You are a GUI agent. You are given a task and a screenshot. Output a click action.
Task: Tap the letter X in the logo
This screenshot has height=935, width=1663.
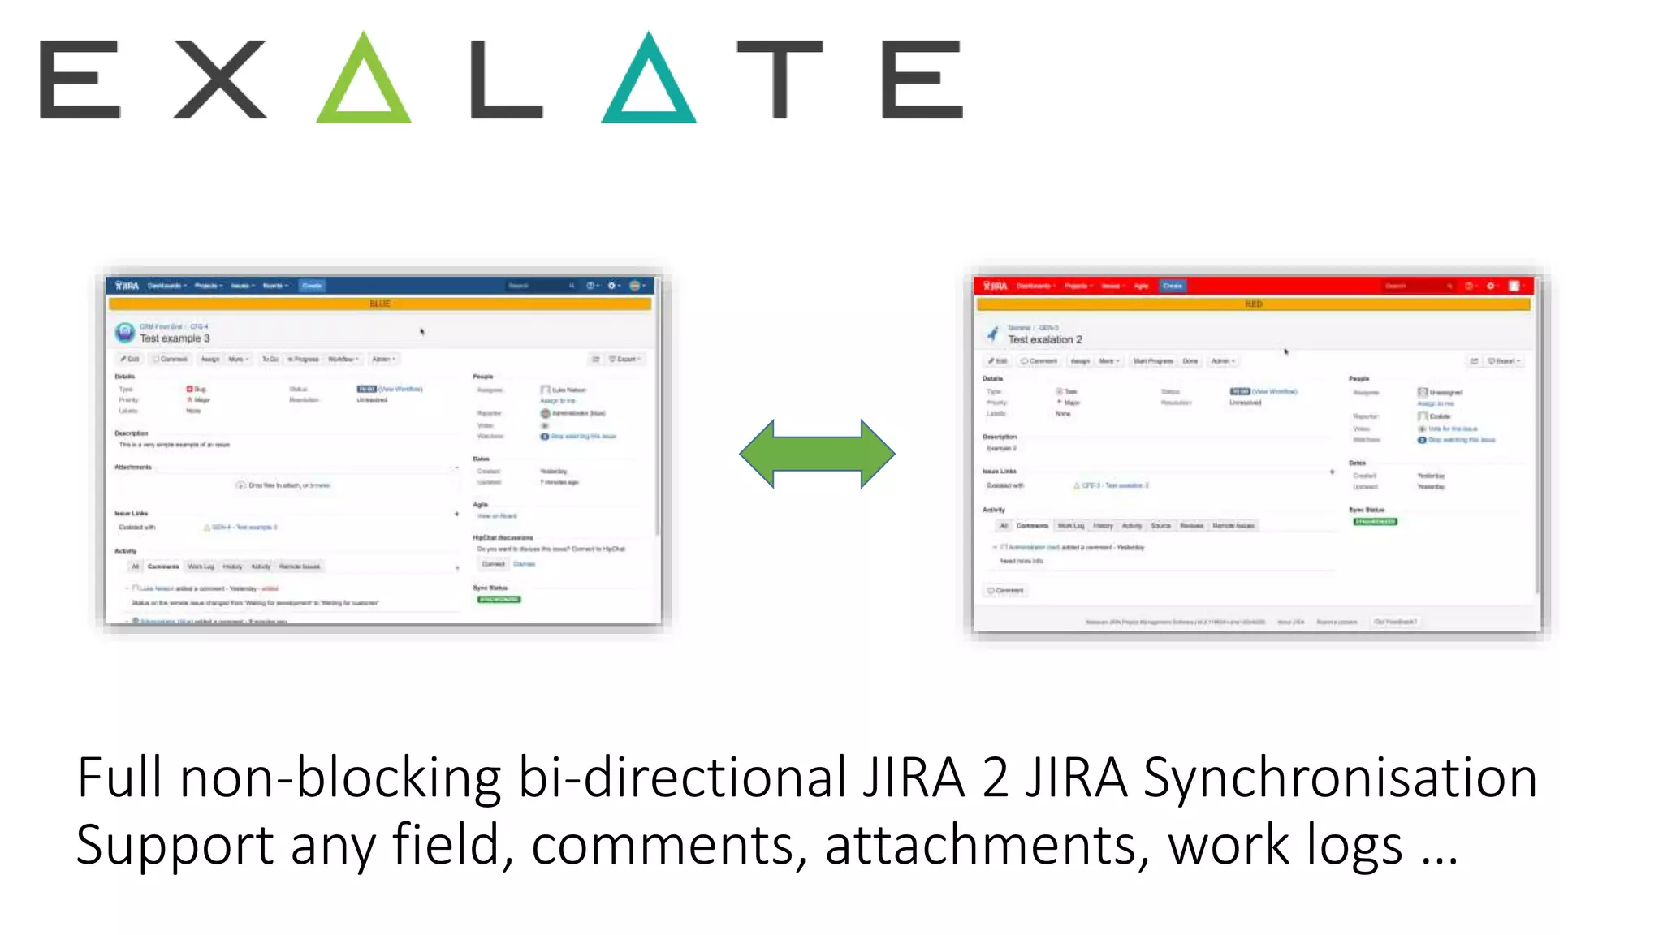pyautogui.click(x=220, y=79)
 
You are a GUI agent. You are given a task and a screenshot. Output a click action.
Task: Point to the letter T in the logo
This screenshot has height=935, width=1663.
pyautogui.click(x=780, y=79)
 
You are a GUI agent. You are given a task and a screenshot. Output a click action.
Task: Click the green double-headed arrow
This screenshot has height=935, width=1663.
pyautogui.click(x=817, y=454)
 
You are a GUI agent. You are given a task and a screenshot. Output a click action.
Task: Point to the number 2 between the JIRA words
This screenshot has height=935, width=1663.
pyautogui.click(x=995, y=778)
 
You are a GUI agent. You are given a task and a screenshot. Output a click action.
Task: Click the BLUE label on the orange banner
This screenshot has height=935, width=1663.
pyautogui.click(x=380, y=304)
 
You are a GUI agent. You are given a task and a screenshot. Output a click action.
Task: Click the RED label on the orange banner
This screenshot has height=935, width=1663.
pyautogui.click(x=1254, y=304)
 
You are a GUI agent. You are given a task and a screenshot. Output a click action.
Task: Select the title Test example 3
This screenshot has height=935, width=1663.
pyautogui.click(x=175, y=338)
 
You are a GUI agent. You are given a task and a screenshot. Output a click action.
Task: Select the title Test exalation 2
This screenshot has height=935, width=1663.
pyautogui.click(x=1045, y=339)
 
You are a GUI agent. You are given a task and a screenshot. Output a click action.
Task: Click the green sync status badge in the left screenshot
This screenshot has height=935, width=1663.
pyautogui.click(x=499, y=600)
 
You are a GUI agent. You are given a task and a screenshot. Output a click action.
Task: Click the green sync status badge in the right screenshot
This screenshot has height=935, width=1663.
pyautogui.click(x=1375, y=522)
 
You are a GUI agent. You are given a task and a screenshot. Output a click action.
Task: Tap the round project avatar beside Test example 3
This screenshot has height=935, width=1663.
pyautogui.click(x=125, y=332)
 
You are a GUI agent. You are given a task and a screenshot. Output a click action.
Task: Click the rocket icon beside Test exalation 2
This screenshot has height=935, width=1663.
pyautogui.click(x=992, y=334)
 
